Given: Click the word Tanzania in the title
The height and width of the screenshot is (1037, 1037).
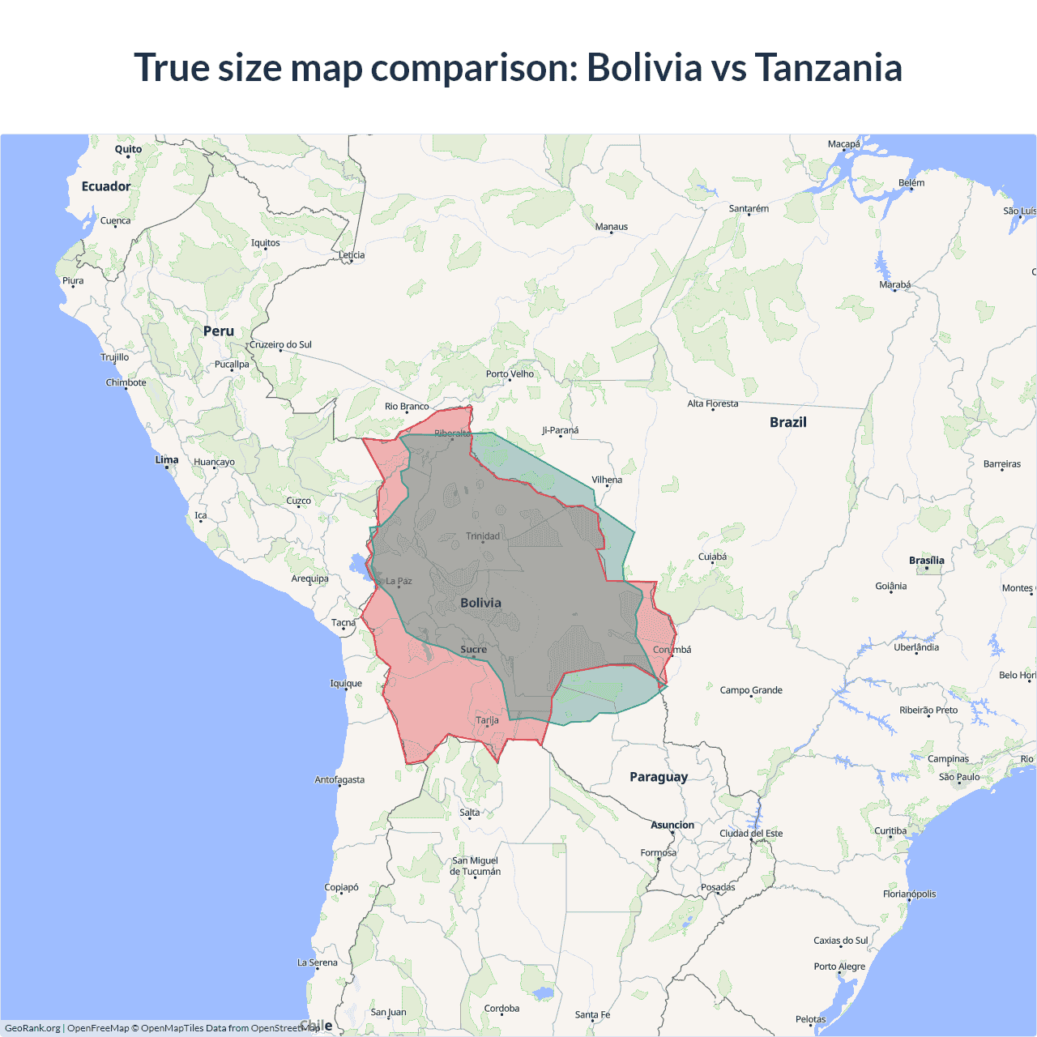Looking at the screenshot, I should tap(828, 67).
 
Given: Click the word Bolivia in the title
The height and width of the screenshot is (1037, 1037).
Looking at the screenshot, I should tap(644, 67).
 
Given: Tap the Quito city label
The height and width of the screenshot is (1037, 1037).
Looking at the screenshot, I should tap(128, 149).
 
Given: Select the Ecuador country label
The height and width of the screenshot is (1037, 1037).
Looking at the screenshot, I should tap(106, 186).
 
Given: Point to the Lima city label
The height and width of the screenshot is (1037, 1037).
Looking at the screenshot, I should tap(167, 459).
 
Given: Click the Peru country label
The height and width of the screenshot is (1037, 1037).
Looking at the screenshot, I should tap(219, 331).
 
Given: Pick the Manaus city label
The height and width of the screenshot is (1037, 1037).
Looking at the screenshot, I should tap(612, 227).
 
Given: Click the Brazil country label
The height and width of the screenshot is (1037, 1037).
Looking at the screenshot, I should tap(788, 422).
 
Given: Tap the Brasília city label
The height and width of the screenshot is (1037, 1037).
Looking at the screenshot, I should tap(927, 560).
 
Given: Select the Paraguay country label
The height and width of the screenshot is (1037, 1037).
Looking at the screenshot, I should tap(659, 777).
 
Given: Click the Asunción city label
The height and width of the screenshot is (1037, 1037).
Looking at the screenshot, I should tap(672, 825).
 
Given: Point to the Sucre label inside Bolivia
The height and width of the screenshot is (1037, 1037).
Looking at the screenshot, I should tap(474, 649).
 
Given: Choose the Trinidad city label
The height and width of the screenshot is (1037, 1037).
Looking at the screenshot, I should tap(483, 536).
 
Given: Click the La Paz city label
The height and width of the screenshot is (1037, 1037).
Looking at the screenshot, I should tap(399, 581).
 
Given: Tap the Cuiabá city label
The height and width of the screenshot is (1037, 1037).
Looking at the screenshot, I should tap(713, 557).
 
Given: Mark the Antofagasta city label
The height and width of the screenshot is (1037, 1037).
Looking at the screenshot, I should tap(339, 779).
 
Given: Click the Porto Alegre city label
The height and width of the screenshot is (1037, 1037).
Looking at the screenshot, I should tap(839, 966).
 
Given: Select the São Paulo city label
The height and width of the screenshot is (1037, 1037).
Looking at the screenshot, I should tap(959, 777).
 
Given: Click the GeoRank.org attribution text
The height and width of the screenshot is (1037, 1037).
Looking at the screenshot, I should tap(32, 1028).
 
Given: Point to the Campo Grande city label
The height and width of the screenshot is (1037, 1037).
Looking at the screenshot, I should tap(751, 690).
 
